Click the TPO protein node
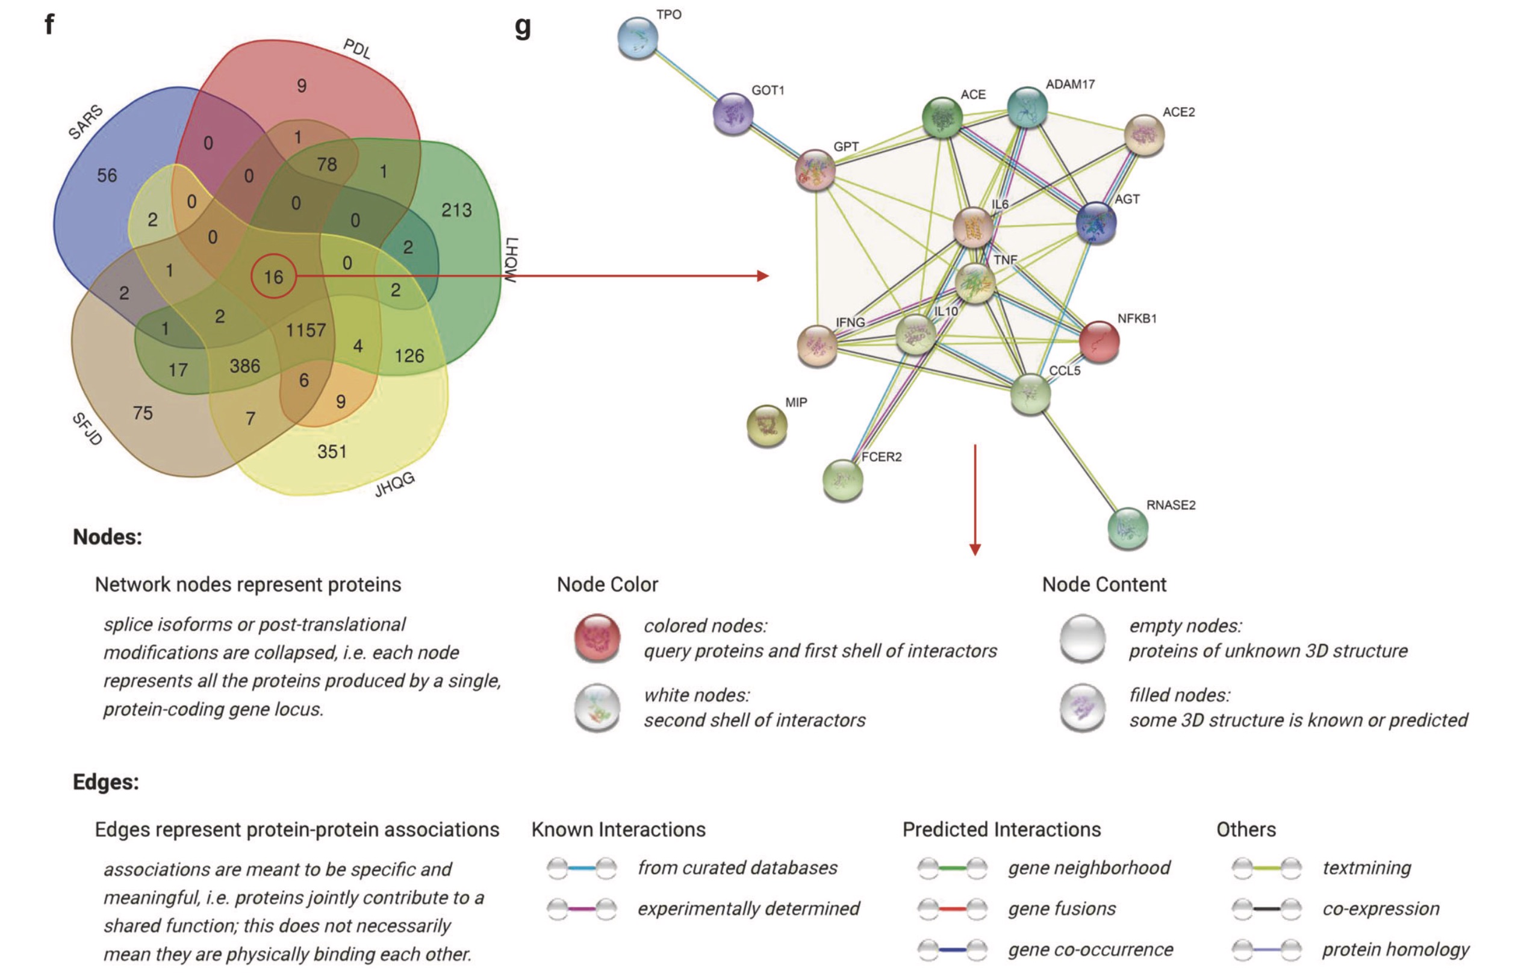point(637,38)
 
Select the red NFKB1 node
point(1100,342)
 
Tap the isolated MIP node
point(767,425)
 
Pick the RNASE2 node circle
point(1128,527)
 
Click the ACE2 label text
point(1178,112)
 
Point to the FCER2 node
point(842,480)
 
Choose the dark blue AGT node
point(1095,223)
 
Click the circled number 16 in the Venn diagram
point(274,277)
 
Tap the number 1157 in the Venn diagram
point(305,330)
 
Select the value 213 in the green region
point(456,210)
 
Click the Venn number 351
point(332,452)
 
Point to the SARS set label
point(86,122)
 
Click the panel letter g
point(523,26)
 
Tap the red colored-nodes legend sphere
point(597,638)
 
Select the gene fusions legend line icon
point(952,909)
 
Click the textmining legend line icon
point(1266,868)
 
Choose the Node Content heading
point(1104,584)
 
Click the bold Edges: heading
point(105,781)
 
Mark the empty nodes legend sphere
point(1082,638)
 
